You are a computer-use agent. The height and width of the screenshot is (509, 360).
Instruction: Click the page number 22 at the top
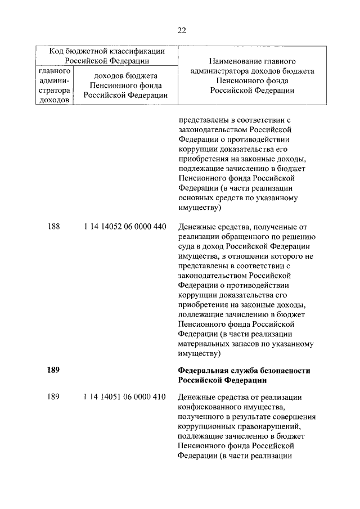click(181, 30)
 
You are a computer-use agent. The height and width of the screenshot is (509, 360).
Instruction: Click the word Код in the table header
click(57, 52)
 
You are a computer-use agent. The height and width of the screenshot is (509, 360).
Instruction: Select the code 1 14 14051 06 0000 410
click(124, 397)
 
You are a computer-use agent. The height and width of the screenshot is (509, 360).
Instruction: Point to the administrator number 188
click(54, 227)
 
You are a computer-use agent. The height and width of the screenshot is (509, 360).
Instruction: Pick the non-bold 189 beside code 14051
click(54, 397)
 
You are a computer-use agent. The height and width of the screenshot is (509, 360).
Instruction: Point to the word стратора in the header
click(54, 91)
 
